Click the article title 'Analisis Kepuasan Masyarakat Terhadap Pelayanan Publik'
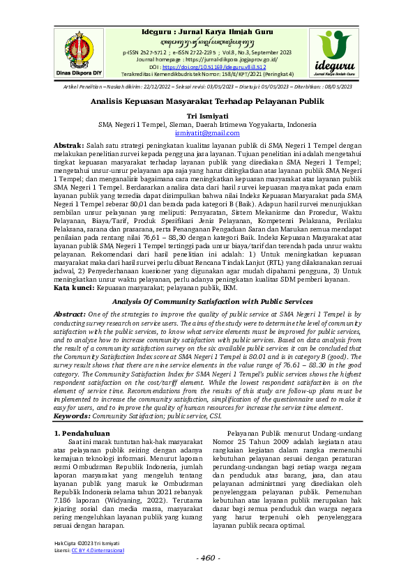tap(208, 100)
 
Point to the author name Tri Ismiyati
tap(208, 116)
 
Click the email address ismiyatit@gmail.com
tap(208, 132)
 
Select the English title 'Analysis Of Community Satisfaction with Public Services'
tap(208, 302)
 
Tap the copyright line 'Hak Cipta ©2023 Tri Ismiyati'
tap(86, 543)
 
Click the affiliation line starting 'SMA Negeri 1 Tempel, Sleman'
tap(208, 124)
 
